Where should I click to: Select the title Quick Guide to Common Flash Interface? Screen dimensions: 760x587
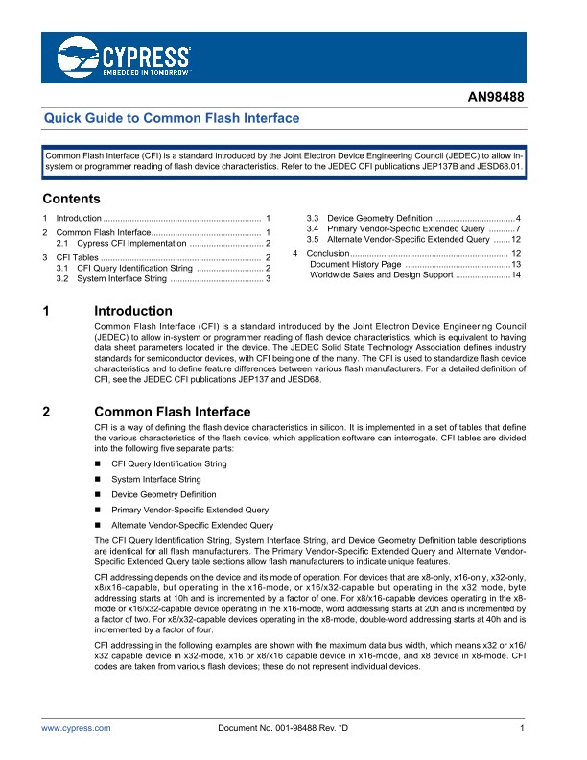pyautogui.click(x=174, y=118)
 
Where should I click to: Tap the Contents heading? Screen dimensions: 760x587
pyautogui.click(x=72, y=200)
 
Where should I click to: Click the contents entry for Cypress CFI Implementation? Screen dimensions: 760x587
pyautogui.click(x=133, y=245)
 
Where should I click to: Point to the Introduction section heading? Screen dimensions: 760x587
pyautogui.click(x=132, y=312)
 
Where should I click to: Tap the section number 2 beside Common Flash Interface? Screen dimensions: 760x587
pyautogui.click(x=48, y=412)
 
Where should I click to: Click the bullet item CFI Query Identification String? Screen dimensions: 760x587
pyautogui.click(x=169, y=463)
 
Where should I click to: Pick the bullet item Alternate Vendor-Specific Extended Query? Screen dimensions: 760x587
pyautogui.click(x=192, y=525)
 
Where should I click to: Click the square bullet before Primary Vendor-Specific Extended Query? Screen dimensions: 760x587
pyautogui.click(x=98, y=510)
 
